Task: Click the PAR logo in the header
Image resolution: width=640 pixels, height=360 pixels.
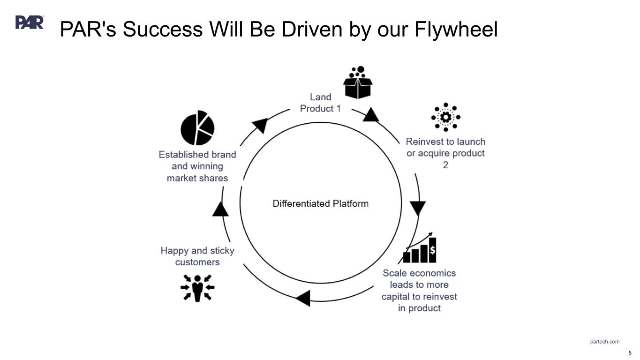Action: [30, 22]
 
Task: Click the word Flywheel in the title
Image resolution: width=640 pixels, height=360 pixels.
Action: [456, 30]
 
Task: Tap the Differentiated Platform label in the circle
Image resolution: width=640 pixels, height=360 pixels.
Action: [321, 203]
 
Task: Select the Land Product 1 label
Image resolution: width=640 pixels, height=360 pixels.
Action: [321, 103]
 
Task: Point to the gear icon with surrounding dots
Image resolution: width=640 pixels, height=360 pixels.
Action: [446, 117]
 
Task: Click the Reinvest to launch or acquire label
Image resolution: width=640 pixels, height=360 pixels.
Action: [445, 153]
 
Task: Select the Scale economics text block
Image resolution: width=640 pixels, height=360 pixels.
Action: [419, 290]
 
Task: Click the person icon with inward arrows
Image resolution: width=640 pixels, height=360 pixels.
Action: [197, 287]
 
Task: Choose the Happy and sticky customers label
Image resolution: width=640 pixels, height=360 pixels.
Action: [197, 256]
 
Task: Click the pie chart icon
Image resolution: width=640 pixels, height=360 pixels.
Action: [197, 128]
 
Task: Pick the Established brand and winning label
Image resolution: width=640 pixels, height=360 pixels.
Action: [197, 166]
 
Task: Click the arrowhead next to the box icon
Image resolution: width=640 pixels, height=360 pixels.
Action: [371, 115]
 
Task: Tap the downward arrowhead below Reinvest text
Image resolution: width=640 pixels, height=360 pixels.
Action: [418, 208]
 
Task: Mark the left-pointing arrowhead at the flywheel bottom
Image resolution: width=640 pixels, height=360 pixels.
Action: [303, 298]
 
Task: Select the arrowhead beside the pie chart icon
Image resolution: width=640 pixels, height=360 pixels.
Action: [260, 125]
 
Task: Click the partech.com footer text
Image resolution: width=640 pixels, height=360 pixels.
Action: [604, 342]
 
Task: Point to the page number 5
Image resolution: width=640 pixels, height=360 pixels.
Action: [630, 353]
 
